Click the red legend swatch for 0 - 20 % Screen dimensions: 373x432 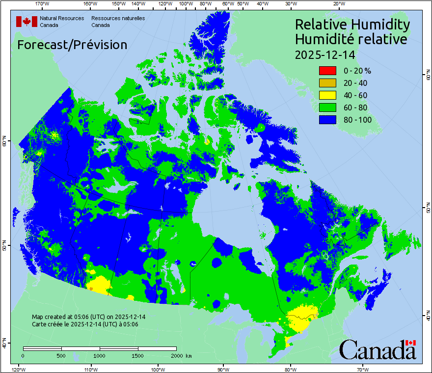coord(327,71)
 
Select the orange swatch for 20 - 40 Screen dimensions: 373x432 coord(327,83)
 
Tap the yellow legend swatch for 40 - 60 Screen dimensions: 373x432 coord(327,95)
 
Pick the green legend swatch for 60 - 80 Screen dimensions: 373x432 coord(327,107)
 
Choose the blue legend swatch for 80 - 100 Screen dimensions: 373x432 coord(327,120)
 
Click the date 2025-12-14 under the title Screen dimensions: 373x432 coord(324,54)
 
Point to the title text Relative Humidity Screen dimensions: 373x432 coord(352,24)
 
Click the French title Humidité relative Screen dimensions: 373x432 coord(351,39)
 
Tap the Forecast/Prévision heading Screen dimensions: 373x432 coord(72,45)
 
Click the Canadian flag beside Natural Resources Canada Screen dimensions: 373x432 coord(27,22)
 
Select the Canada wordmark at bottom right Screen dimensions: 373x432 coord(377,350)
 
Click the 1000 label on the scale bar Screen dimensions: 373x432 coord(100,355)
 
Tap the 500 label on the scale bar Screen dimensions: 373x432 coord(61,355)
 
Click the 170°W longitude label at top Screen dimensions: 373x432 coord(43,4)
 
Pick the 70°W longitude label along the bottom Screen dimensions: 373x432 coord(363,369)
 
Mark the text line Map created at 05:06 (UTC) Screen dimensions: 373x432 coord(88,317)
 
